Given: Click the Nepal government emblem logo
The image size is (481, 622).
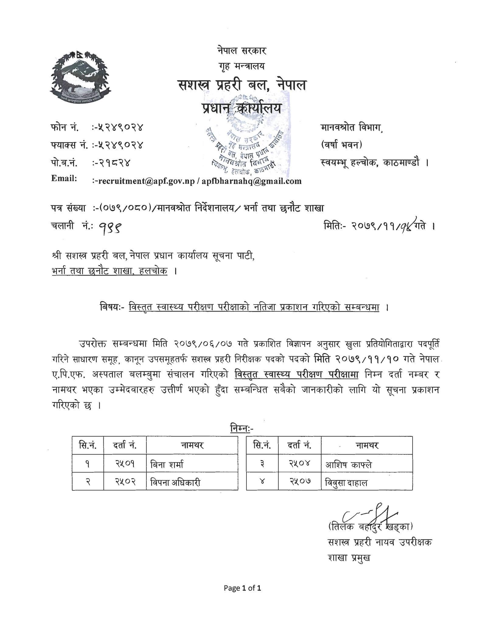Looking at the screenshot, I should (80, 77).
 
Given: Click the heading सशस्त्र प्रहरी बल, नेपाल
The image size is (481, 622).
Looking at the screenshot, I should (242, 85).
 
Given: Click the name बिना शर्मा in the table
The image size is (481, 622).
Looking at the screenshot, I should (167, 464).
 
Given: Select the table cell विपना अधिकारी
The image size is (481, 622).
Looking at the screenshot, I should (175, 483).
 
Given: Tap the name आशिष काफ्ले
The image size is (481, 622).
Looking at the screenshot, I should (348, 465).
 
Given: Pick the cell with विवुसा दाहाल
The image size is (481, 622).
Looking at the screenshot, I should (346, 483).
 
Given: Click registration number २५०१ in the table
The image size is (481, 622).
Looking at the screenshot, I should (125, 464).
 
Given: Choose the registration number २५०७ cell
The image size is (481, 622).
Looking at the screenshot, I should (299, 482).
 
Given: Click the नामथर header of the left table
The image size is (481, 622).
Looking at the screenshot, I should (192, 446).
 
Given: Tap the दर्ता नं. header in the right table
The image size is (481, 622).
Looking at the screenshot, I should (299, 446).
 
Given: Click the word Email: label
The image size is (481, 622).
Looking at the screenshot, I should (64, 178).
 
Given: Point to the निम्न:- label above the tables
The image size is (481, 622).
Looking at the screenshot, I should (241, 428).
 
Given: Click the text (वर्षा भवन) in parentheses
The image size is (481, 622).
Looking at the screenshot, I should (342, 145).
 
